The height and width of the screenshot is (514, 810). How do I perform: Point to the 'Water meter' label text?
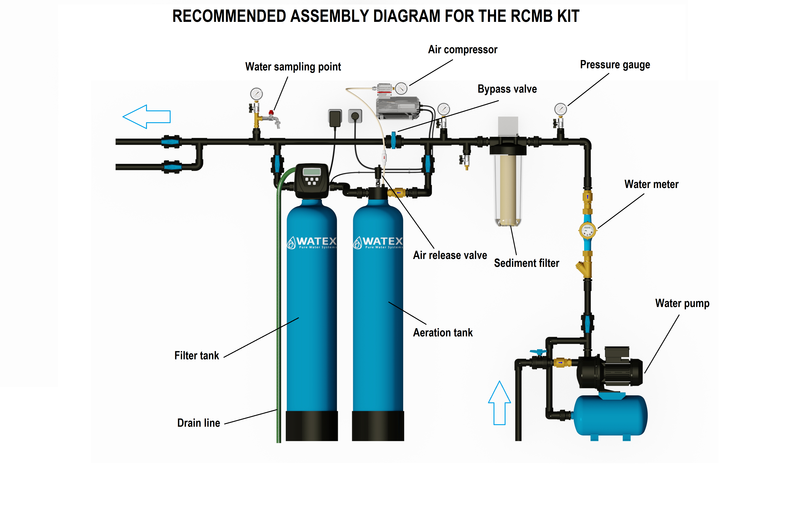click(x=651, y=184)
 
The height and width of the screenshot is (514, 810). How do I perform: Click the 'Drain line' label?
click(x=198, y=423)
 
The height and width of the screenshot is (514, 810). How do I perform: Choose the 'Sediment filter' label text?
click(x=526, y=263)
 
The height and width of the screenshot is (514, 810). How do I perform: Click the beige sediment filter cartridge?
click(x=508, y=188)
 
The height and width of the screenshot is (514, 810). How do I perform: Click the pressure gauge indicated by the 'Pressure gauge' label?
click(x=560, y=109)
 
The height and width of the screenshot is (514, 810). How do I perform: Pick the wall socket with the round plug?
click(x=355, y=116)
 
